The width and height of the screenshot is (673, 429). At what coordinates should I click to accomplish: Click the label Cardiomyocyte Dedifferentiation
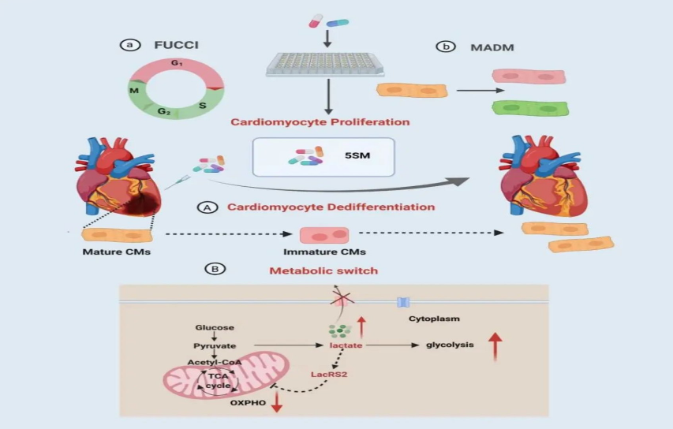[331, 207]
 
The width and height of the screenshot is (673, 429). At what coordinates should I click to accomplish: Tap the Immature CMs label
[326, 252]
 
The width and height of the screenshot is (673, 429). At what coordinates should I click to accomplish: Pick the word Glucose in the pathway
[214, 327]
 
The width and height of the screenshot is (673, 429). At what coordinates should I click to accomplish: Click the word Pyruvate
[213, 345]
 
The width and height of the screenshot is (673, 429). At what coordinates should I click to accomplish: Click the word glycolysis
[449, 345]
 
